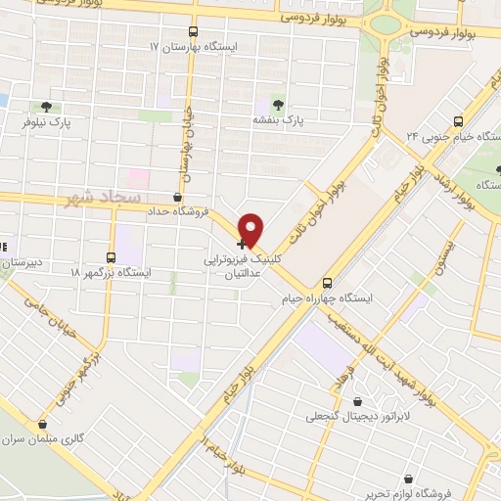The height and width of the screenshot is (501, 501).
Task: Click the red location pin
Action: [251, 229]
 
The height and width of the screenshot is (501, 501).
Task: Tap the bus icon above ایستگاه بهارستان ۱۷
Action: [192, 31]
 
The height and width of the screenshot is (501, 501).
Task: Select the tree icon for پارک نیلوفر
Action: [45, 107]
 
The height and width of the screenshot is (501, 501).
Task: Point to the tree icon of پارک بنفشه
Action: [279, 103]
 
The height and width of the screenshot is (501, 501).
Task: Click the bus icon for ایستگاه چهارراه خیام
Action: [327, 280]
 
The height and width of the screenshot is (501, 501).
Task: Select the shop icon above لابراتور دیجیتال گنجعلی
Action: [356, 401]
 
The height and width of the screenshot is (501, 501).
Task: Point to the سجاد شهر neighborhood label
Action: [113, 199]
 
